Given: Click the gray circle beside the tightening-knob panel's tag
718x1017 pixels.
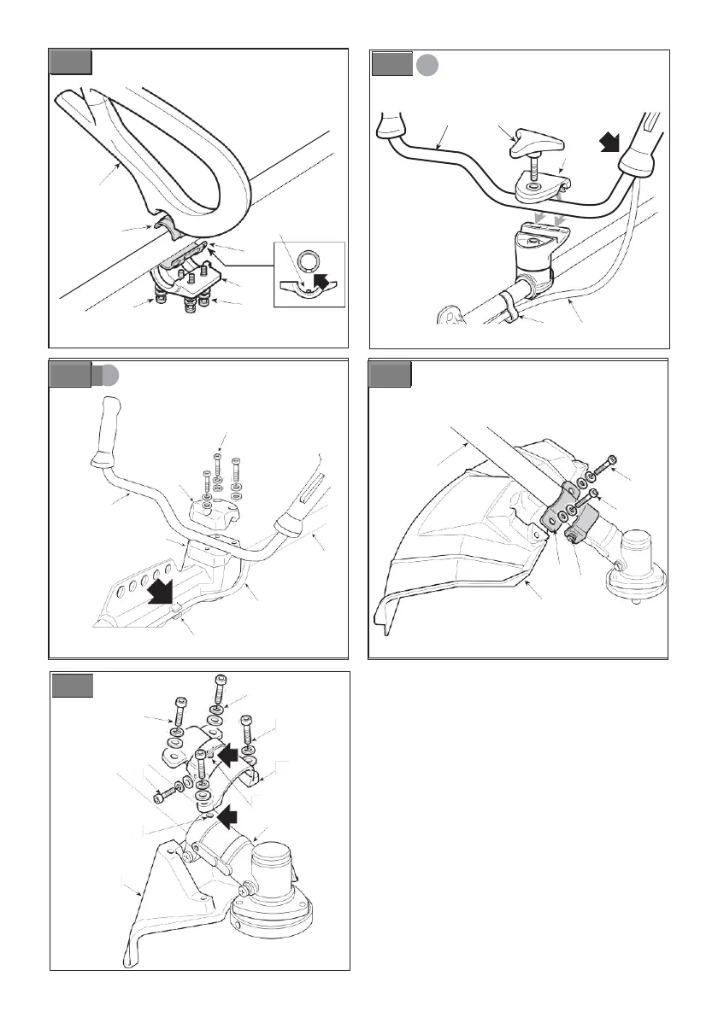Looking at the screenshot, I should click(x=427, y=65).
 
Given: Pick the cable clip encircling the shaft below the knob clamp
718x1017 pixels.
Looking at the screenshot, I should click(x=506, y=306).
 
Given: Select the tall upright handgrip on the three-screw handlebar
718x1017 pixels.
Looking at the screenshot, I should click(x=109, y=426).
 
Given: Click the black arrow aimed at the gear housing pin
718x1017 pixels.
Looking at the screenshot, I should click(x=227, y=817).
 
